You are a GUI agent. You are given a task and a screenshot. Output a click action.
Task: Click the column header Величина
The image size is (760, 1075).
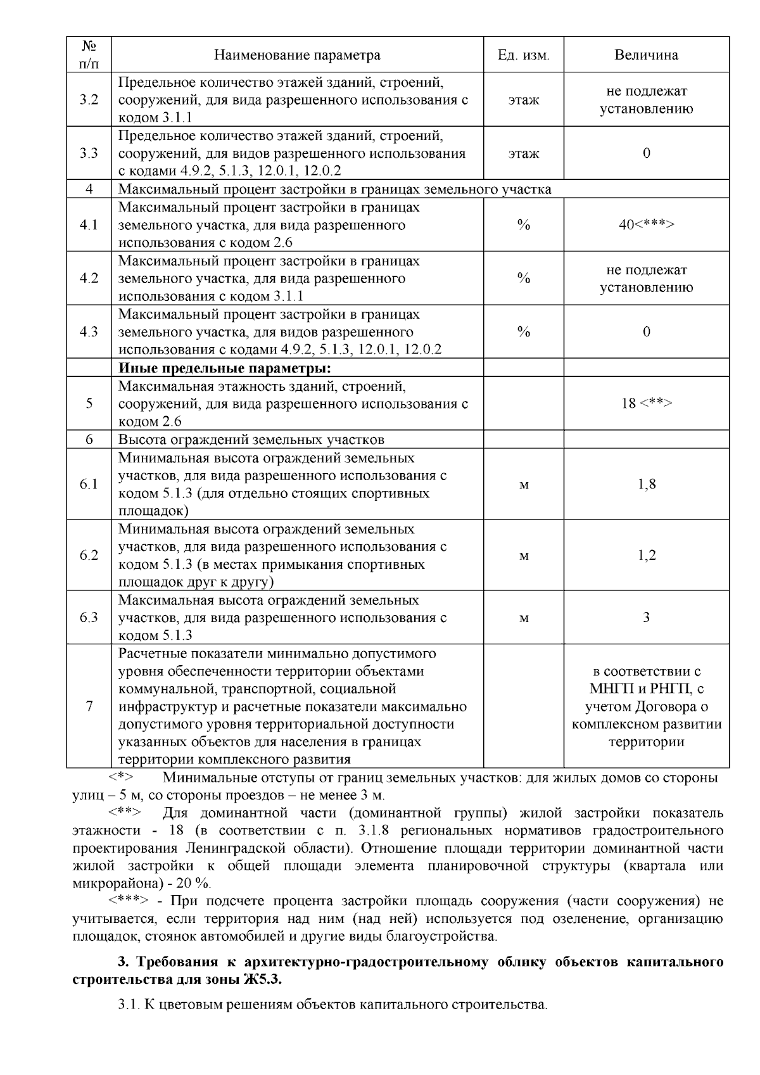[646, 55]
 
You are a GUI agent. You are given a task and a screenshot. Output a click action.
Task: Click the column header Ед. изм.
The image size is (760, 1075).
[523, 55]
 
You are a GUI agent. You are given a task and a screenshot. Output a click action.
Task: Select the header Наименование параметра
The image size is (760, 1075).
[297, 55]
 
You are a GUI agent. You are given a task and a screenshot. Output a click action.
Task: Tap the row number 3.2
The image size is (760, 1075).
[89, 100]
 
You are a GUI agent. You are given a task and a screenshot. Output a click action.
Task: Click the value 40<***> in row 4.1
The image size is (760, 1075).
[646, 225]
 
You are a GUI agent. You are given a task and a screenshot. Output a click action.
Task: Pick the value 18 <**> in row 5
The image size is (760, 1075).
[646, 404]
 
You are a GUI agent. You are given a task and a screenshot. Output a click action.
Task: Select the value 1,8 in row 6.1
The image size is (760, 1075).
[646, 485]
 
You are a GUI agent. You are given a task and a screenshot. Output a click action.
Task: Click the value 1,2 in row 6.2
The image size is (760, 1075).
[646, 556]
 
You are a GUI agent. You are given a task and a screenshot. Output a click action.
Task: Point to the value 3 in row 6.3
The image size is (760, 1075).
[646, 618]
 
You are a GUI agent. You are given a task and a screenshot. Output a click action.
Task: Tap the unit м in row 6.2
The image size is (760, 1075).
[524, 556]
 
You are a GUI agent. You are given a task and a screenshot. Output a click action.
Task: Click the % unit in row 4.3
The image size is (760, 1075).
[523, 332]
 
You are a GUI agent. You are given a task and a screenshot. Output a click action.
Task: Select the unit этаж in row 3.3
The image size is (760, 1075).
[523, 154]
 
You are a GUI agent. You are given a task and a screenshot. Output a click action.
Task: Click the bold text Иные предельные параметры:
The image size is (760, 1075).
[225, 368]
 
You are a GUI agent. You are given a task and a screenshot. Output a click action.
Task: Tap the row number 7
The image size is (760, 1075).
[89, 706]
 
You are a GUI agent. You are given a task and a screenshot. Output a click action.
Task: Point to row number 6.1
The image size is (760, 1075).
[89, 485]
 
